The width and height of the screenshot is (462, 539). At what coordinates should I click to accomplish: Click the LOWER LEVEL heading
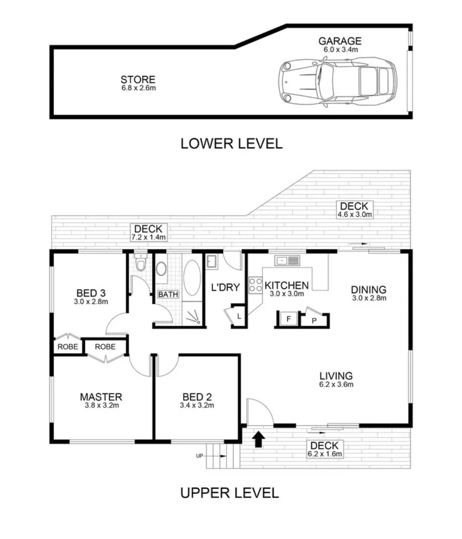[x=231, y=144]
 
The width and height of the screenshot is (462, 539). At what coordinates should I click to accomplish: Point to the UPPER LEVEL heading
[x=229, y=493]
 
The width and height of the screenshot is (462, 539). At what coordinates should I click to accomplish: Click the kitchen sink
[x=287, y=261]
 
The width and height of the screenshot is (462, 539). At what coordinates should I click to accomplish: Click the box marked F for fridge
[x=288, y=319]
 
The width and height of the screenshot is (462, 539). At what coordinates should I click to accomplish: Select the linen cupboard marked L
[x=238, y=317]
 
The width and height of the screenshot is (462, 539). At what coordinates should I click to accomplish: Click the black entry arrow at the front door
[x=258, y=439]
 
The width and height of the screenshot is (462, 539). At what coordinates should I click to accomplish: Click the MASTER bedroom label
[x=101, y=396]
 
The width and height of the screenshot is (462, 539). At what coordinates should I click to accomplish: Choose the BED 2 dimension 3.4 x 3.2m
[x=197, y=405]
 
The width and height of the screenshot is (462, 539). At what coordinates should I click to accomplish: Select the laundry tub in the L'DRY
[x=211, y=261]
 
